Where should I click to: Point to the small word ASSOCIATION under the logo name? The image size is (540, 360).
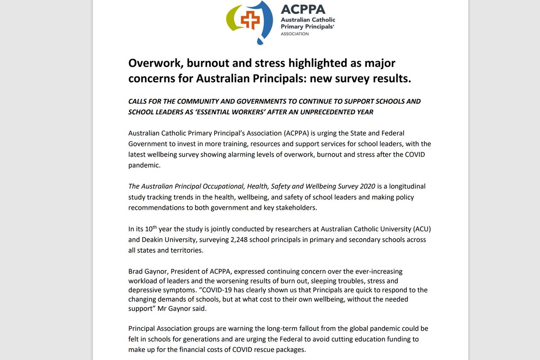coord(295,34)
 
